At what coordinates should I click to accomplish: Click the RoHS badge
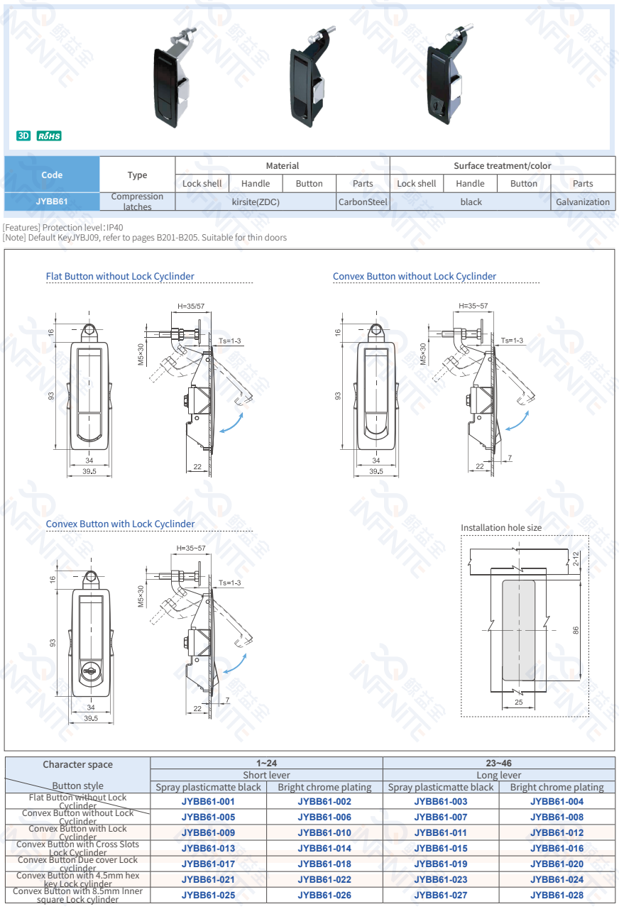click(x=50, y=136)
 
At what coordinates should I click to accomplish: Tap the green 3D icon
click(x=23, y=136)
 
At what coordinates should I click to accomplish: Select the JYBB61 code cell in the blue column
click(x=52, y=202)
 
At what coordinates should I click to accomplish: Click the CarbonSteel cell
click(x=363, y=202)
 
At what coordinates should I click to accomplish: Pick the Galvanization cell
click(x=582, y=202)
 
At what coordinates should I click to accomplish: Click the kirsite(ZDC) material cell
click(x=256, y=202)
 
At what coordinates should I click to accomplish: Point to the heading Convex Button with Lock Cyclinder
click(x=120, y=524)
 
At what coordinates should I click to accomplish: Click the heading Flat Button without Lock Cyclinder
click(x=120, y=276)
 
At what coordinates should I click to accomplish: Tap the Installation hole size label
click(x=501, y=528)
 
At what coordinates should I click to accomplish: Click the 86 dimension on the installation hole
click(x=576, y=629)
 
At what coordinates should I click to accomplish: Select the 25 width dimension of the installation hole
click(x=518, y=702)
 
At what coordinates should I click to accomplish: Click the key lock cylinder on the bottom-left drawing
click(x=91, y=671)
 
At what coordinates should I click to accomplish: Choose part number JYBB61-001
click(x=208, y=801)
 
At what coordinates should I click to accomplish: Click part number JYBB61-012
click(x=557, y=832)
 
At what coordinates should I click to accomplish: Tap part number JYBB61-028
click(x=557, y=895)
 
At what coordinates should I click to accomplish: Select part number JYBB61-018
click(x=324, y=864)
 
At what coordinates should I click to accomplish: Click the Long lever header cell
click(x=498, y=775)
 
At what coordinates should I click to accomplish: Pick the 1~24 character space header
click(x=266, y=763)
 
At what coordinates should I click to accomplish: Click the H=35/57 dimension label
click(x=191, y=307)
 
